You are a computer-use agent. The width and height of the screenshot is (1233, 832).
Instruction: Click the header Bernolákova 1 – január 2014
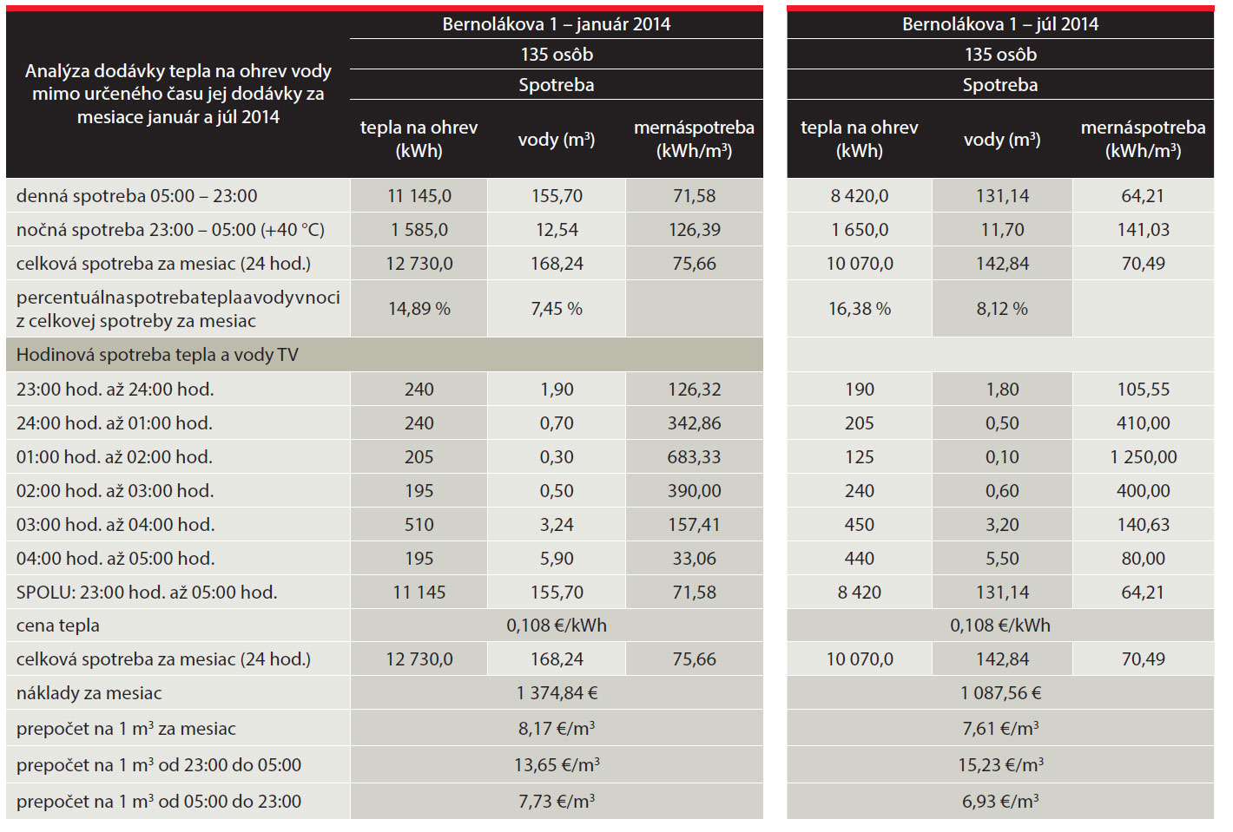click(x=556, y=24)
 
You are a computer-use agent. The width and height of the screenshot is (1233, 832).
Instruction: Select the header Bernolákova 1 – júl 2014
click(x=999, y=24)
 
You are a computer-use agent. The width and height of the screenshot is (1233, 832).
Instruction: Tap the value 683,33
click(x=694, y=457)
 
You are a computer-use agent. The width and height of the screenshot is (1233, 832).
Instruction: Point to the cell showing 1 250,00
click(x=1143, y=457)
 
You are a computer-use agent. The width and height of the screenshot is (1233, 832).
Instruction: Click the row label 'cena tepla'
click(x=58, y=626)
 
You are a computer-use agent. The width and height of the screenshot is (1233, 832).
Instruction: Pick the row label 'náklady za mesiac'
click(x=89, y=693)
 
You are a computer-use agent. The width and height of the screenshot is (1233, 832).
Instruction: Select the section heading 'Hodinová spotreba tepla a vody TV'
click(x=157, y=355)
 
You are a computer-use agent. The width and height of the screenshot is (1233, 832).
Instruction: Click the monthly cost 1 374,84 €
click(x=557, y=693)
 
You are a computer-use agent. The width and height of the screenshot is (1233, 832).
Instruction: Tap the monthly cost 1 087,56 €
click(x=1000, y=693)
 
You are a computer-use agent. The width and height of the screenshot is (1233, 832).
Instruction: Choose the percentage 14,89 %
click(x=419, y=309)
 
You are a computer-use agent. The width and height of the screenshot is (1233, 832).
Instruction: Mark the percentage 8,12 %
click(x=1001, y=309)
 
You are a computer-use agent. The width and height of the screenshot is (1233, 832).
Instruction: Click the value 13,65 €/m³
click(x=557, y=765)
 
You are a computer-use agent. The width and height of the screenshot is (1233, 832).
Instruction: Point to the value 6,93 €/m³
click(x=1000, y=802)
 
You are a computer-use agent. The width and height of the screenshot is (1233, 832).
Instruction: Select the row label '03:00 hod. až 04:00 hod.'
click(x=115, y=525)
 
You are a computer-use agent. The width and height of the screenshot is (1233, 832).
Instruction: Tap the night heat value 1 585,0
click(x=419, y=230)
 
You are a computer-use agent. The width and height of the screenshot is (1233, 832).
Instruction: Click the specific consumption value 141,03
click(x=1143, y=230)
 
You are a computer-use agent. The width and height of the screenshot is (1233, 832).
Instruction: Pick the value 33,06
click(x=694, y=559)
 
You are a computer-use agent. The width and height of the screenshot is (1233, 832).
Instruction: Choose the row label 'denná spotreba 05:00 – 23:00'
click(x=137, y=196)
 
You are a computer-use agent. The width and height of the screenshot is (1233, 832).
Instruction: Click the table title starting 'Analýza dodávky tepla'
click(x=178, y=94)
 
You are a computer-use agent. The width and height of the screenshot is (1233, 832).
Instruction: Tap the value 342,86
click(x=694, y=423)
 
